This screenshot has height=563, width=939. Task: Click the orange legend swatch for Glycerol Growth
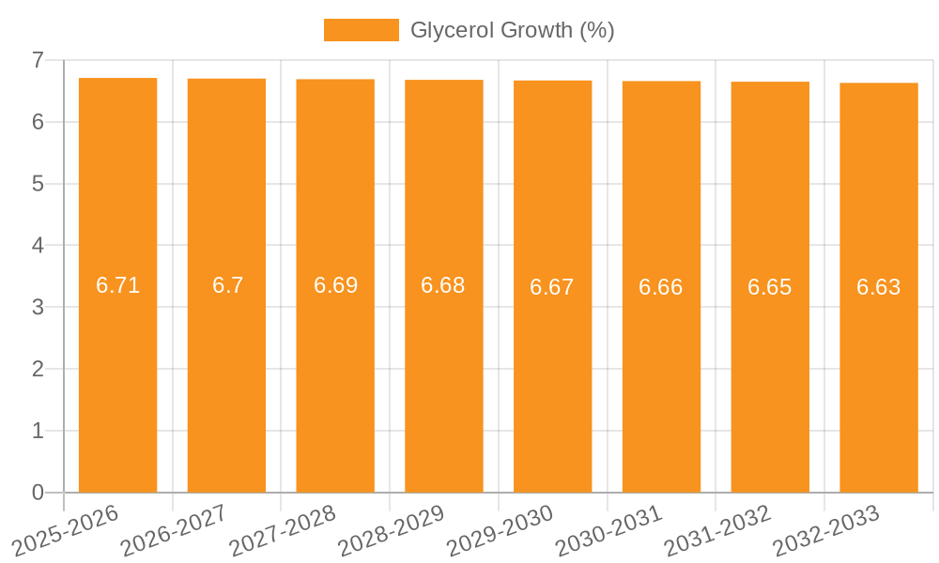tap(361, 30)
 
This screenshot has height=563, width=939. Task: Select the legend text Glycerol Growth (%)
tap(512, 30)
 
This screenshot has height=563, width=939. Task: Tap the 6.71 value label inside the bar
tap(117, 285)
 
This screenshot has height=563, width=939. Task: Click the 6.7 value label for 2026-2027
tap(227, 285)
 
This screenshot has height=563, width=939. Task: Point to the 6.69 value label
tap(335, 285)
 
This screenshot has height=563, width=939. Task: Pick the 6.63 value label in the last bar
tap(878, 287)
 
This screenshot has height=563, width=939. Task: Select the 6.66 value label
tap(660, 287)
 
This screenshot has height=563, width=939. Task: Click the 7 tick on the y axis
tap(38, 60)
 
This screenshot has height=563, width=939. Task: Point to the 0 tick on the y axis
tap(38, 493)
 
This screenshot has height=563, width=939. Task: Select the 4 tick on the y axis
tap(38, 246)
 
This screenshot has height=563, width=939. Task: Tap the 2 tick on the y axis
tap(38, 369)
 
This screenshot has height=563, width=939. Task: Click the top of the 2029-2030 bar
tap(552, 82)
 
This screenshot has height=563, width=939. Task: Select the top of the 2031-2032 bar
tap(770, 83)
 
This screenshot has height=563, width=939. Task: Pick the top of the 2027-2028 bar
tap(335, 80)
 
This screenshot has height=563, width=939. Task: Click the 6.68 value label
tap(443, 285)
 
